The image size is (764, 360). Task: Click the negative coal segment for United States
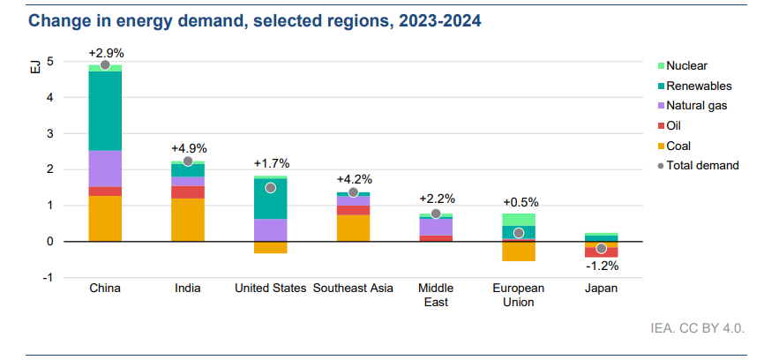pos(270,247)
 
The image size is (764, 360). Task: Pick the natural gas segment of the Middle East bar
pos(436,227)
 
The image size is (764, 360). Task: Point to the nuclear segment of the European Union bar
pos(519,219)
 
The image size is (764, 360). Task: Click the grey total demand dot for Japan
pos(602,249)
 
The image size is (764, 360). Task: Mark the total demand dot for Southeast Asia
pos(353,192)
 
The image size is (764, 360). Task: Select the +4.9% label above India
pos(189,148)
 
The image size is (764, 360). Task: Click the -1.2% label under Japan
pos(602,266)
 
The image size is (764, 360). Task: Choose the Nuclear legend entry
pos(688,65)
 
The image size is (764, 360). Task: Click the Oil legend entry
pos(676,125)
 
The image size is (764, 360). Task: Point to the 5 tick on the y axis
pos(51,62)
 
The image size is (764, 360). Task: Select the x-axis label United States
pos(270,289)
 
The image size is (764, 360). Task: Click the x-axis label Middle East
pos(436,295)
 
